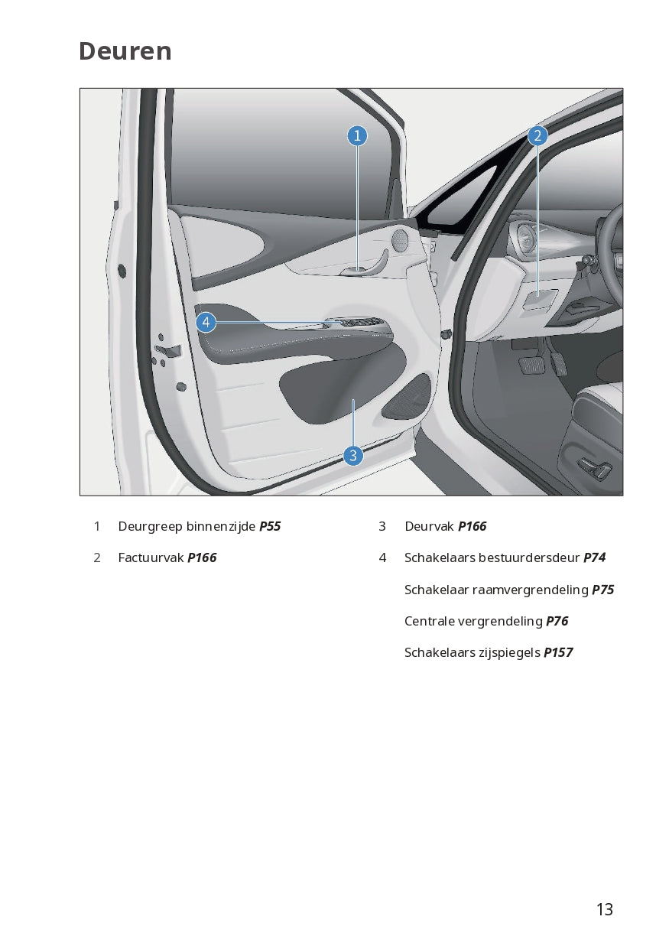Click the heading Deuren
pos(125,51)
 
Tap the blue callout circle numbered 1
pos(357,135)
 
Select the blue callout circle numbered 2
pos(537,135)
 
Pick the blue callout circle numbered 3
pos(353,456)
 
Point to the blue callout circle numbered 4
pos(206,323)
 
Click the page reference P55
pos(270,526)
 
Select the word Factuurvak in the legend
pos(151,557)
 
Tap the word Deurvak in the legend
pos(429,526)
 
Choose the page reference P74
pos(594,557)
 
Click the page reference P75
pos(603,590)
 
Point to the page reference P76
pos(557,621)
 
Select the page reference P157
pos(558,652)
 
